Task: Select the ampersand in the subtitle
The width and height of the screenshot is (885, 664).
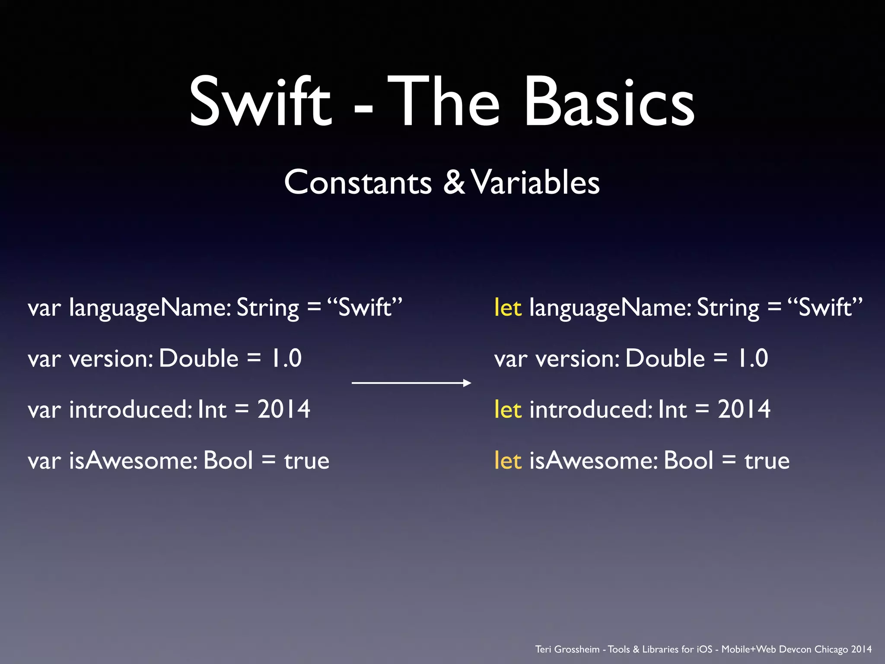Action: [454, 182]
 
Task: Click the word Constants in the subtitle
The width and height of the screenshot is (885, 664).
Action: [358, 182]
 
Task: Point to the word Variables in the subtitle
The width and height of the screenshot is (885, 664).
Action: [535, 182]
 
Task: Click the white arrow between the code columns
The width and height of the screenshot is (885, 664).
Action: [411, 383]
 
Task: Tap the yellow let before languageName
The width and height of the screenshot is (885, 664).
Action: [508, 308]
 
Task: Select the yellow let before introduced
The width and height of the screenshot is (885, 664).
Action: [508, 409]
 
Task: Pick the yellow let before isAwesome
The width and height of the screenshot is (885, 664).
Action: [508, 460]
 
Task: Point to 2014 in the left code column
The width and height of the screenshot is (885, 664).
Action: [283, 409]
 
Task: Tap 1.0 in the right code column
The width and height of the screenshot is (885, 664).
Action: [752, 358]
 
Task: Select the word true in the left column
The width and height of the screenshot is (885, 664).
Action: [306, 461]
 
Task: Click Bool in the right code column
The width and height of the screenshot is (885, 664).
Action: [688, 460]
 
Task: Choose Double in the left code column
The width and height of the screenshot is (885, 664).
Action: [198, 358]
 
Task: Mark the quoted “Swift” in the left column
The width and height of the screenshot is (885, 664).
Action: [365, 308]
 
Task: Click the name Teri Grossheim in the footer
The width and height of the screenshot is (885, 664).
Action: [567, 649]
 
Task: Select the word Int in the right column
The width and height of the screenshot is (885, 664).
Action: [672, 409]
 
